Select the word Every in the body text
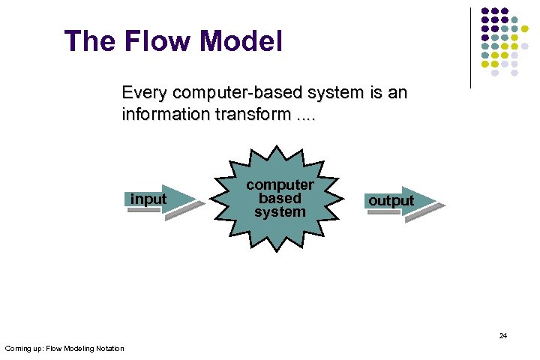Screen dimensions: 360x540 [x=145, y=94]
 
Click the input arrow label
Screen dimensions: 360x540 [x=148, y=199]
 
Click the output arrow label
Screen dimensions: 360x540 [x=391, y=200]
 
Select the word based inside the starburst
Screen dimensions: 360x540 [x=280, y=198]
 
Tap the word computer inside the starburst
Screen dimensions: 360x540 [x=280, y=184]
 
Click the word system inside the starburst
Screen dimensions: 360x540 [x=280, y=211]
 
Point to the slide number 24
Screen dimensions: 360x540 [x=502, y=336]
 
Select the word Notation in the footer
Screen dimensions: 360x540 [x=109, y=348]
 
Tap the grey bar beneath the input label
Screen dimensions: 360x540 [x=144, y=211]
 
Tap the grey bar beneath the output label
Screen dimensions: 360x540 [x=384, y=212]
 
